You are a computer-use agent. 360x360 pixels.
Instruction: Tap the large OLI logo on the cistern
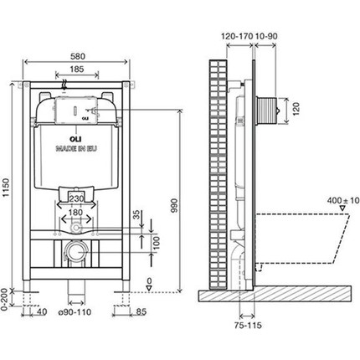point(62,138)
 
